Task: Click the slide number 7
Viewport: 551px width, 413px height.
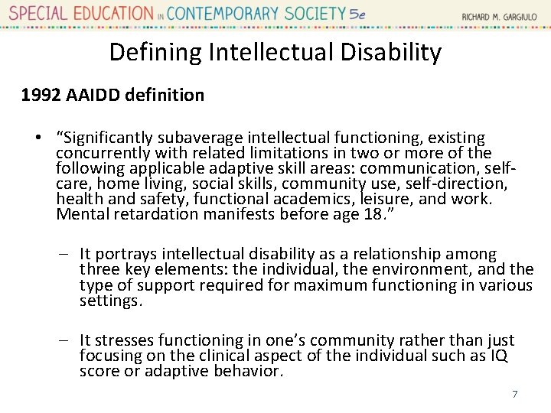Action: coord(515,394)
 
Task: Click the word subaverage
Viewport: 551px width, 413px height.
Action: coord(192,138)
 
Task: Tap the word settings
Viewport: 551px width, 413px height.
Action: coord(110,301)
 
